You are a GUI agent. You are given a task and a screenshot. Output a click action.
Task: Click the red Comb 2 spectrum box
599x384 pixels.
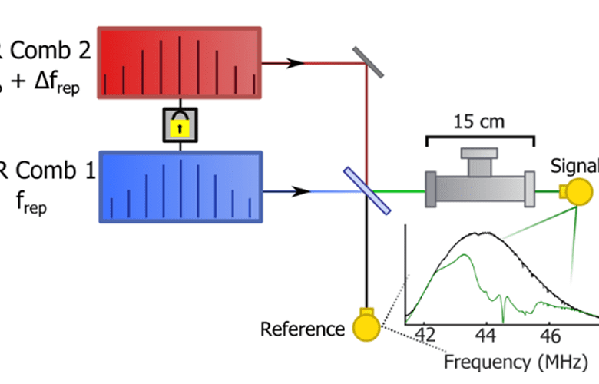[180, 63]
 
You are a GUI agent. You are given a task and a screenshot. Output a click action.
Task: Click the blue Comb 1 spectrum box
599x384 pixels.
[180, 187]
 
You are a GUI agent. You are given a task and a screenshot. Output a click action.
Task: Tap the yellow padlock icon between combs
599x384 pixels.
[180, 124]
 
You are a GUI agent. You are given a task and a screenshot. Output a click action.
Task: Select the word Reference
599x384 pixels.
[302, 329]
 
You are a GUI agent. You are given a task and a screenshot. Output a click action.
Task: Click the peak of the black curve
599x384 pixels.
[482, 233]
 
